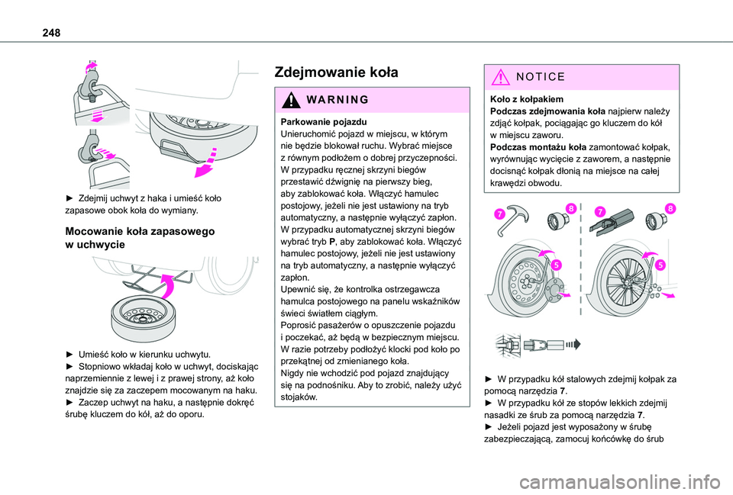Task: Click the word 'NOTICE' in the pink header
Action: [x=540, y=77]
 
